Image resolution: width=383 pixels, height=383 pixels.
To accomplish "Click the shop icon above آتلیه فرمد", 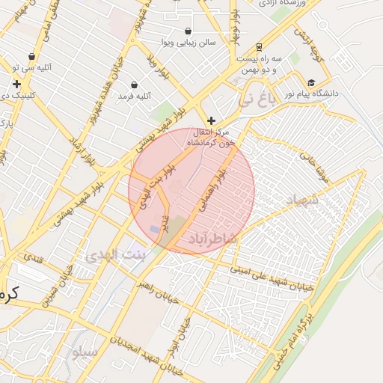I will coord(134,85).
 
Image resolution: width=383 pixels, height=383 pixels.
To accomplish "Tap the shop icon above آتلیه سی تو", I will coord(31,56).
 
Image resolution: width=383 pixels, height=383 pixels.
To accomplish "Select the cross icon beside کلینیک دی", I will coord(16,84).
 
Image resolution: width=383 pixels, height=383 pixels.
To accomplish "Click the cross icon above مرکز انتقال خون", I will coord(212,120).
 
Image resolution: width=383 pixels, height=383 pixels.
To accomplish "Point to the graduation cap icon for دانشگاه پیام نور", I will coord(310,82).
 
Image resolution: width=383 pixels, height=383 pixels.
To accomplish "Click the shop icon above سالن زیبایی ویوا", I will coord(186,31).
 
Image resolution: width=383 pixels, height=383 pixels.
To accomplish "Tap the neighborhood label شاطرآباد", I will coord(211,238).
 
